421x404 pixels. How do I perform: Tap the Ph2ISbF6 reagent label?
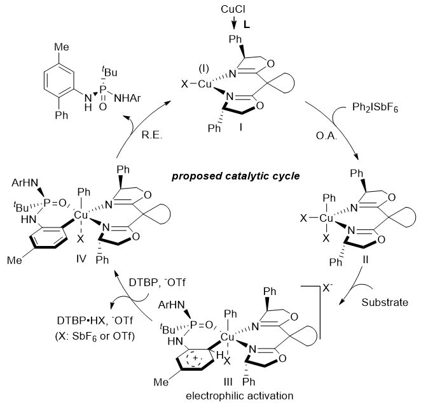click(x=380, y=124)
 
